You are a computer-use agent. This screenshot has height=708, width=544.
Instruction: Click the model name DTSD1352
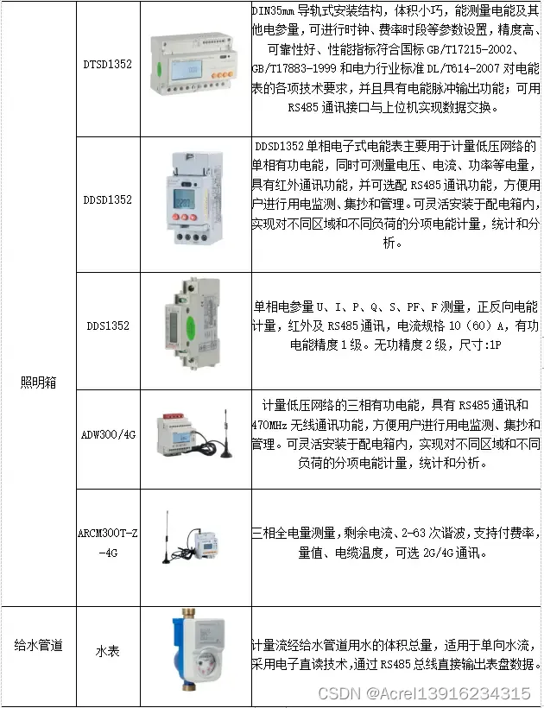(107, 64)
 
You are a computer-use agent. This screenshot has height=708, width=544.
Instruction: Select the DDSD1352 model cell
(107, 199)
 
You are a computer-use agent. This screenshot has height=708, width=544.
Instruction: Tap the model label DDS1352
(108, 326)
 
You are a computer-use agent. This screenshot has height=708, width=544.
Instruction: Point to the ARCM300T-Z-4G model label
(107, 543)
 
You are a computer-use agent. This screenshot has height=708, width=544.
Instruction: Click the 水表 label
(107, 651)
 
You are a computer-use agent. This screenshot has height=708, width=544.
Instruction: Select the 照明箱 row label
(38, 382)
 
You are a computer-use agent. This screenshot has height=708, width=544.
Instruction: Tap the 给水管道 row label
(38, 645)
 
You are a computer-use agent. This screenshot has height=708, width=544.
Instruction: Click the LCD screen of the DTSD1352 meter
(186, 70)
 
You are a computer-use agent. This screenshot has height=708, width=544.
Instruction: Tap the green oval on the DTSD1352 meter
(159, 68)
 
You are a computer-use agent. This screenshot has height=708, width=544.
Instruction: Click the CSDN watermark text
(424, 693)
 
